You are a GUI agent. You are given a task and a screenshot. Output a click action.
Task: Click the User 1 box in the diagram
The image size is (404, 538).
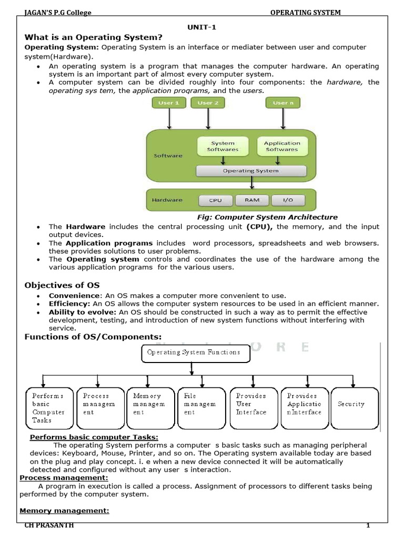tap(169, 103)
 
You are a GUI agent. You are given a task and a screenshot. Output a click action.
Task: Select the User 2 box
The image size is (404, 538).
tap(208, 103)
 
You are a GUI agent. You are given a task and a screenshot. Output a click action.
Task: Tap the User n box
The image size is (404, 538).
tap(283, 103)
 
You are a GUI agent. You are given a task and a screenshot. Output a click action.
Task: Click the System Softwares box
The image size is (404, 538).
tap(223, 146)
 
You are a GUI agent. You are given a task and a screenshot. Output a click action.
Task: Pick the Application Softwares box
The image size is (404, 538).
tap(282, 146)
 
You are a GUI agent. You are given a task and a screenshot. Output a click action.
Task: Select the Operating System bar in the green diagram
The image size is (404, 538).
tap(251, 171)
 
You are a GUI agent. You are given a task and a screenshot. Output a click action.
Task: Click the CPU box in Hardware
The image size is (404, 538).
tap(215, 200)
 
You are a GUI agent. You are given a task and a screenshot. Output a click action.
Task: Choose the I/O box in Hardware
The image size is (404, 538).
tap(288, 200)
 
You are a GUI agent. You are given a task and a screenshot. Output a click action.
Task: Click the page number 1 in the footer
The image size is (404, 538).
tap(369, 526)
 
